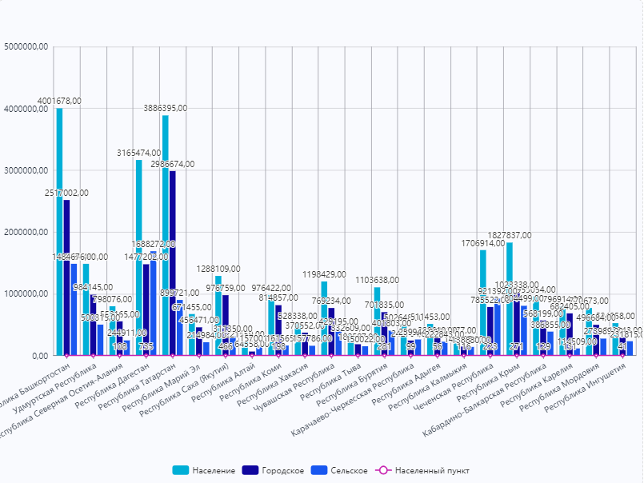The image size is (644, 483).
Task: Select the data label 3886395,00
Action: (166, 108)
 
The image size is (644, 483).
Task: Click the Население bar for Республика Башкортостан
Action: (59, 232)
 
